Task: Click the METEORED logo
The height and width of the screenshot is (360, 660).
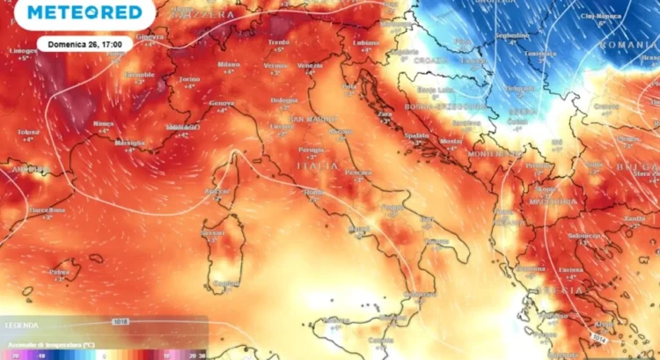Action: coord(84,12)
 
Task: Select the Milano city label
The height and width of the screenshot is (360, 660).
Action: coord(230,63)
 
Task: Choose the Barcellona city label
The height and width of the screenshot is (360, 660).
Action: coord(46,210)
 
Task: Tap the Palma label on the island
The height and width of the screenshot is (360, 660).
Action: coord(59,272)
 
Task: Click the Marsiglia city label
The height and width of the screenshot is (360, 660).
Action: coord(129,142)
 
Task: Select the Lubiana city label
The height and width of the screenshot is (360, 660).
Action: coord(367,42)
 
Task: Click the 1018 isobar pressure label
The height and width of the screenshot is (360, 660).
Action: coord(121,322)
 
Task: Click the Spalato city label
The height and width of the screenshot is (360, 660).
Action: coord(417,136)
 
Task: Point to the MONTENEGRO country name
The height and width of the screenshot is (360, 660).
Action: coord(495,153)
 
